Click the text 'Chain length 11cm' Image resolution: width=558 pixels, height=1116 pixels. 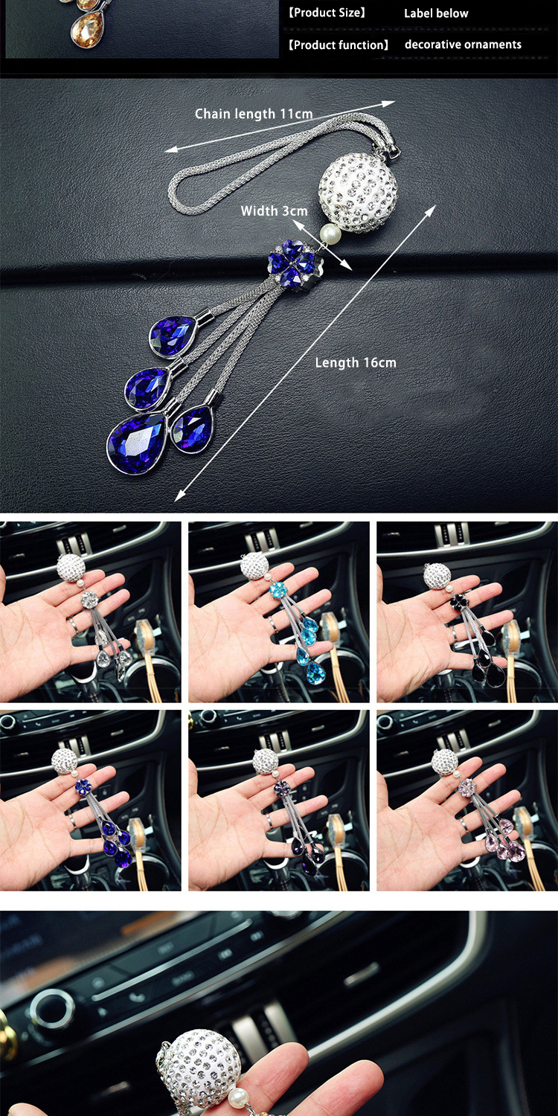point(254,114)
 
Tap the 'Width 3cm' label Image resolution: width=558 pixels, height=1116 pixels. point(274,211)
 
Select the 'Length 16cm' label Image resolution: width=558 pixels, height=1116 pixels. point(356,363)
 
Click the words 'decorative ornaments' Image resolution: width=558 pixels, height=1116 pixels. point(463,45)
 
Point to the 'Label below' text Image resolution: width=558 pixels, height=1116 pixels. point(436,13)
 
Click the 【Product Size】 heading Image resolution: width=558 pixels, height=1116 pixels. point(327,13)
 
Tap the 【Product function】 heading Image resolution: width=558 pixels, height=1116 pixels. point(339,45)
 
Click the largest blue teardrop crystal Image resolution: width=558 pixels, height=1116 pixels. point(138,443)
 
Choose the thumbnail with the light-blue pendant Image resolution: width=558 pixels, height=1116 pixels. point(279,612)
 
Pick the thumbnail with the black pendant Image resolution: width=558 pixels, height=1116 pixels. point(466,612)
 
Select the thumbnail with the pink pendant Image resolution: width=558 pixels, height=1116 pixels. point(466,800)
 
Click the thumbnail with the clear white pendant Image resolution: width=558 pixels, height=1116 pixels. point(90,612)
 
